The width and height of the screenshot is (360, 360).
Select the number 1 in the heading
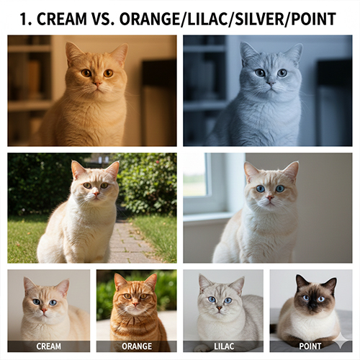click(26, 19)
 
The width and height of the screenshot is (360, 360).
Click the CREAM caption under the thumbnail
click(48, 346)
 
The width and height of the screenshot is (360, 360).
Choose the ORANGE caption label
click(137, 346)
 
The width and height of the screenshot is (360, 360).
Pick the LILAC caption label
click(223, 346)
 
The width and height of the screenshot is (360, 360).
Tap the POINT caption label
click(311, 346)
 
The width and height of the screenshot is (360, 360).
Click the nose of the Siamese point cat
click(310, 304)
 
